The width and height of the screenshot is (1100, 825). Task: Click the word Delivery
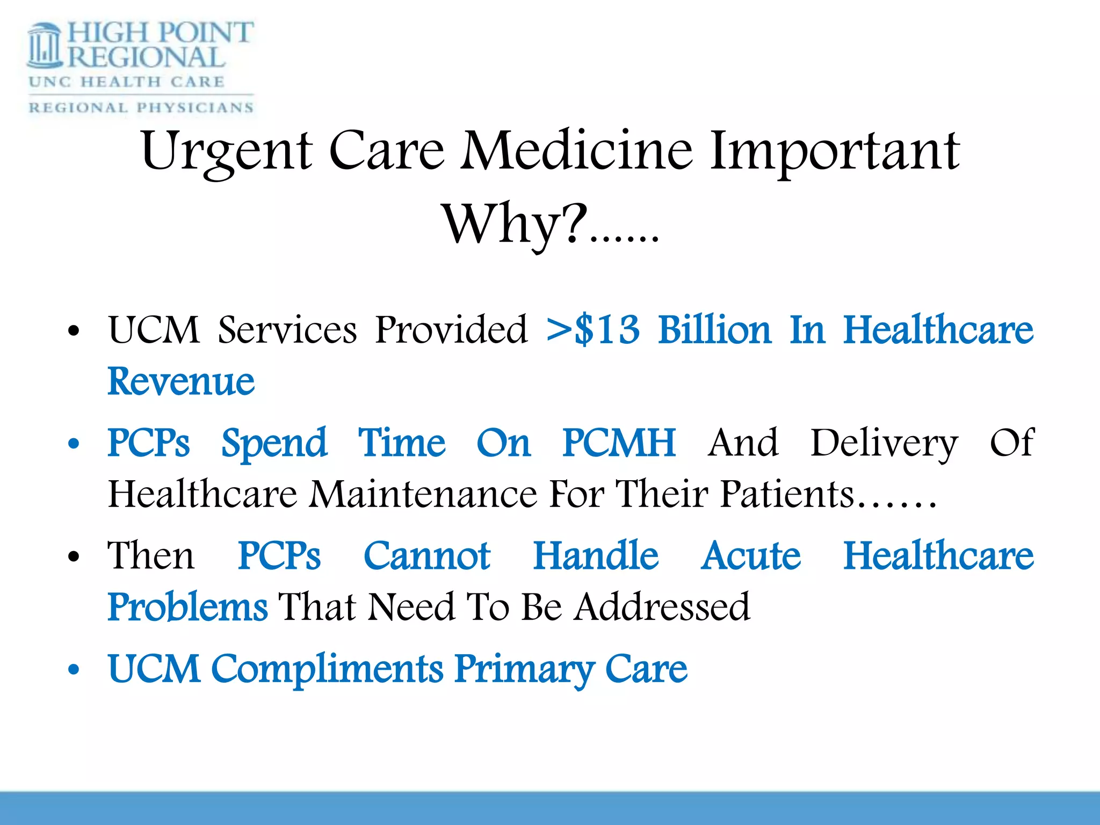point(884,444)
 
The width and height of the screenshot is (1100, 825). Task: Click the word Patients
point(787,494)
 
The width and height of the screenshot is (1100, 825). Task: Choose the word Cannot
point(427,555)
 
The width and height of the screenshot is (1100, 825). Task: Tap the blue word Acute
point(751,555)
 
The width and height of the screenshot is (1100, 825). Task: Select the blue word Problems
point(187,607)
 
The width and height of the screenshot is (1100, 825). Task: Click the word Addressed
point(662,607)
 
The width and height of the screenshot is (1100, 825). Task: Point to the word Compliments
point(328,669)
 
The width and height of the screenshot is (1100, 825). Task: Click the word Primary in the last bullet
point(524,670)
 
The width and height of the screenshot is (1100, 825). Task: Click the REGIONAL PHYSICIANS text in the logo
point(141,107)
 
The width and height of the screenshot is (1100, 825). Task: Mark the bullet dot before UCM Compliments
point(74,670)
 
